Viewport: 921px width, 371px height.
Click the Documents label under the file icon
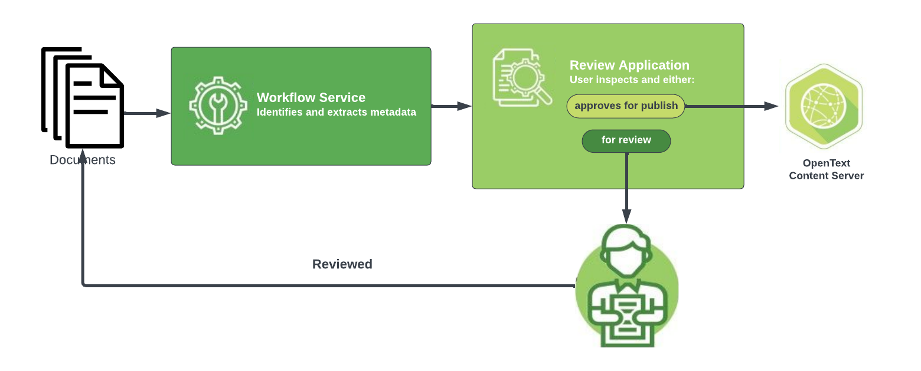pos(83,160)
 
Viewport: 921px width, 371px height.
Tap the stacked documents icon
pos(83,98)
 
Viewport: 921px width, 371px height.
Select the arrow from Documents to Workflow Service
pos(147,113)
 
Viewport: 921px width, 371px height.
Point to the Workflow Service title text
pos(311,98)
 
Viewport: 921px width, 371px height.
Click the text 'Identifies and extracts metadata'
pos(336,112)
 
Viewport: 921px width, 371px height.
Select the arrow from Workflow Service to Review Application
pos(452,106)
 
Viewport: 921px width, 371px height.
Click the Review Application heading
pos(629,65)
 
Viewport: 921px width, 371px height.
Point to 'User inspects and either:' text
pos(632,80)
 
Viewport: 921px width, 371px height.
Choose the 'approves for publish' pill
pos(626,106)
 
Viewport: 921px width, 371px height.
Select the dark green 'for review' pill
pos(626,140)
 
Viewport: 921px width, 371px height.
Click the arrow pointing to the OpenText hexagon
pos(732,106)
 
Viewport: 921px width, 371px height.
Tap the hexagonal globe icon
pos(824,106)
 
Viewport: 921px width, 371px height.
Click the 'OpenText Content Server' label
pos(826,169)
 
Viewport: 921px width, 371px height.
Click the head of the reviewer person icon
pos(626,251)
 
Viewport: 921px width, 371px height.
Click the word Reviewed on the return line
pos(342,264)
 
